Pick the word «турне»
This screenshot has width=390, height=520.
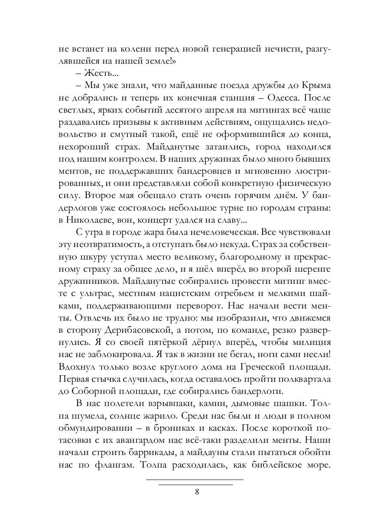coord(234,208)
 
